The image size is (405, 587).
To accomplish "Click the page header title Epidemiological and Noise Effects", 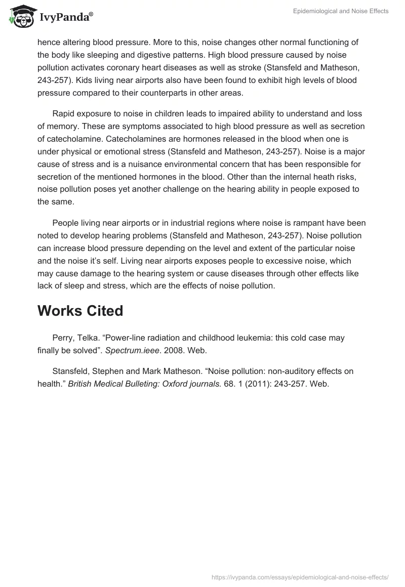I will pos(341,11).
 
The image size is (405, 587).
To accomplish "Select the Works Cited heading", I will pos(80,311).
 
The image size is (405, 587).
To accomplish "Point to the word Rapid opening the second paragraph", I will pos(64,113).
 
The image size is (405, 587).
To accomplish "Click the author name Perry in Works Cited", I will pos(63,338).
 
